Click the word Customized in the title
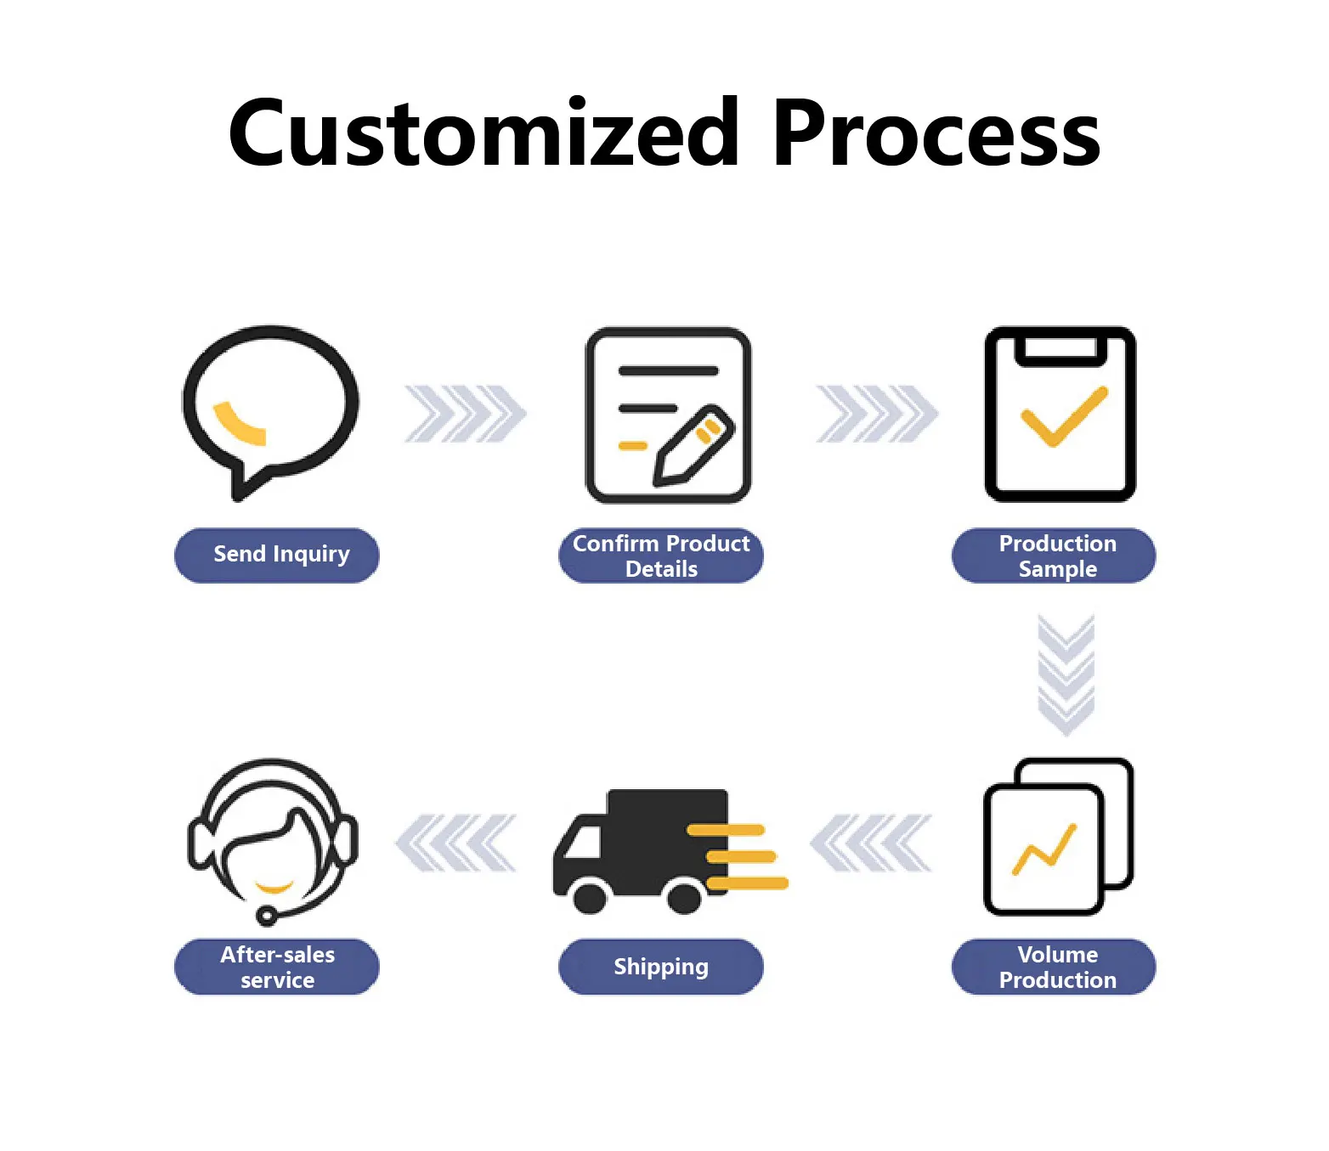(x=484, y=133)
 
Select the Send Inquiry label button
(x=277, y=556)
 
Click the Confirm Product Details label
(x=661, y=556)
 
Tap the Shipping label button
(x=661, y=967)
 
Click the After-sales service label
(x=277, y=967)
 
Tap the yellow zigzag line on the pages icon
(x=1044, y=850)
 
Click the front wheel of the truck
(x=590, y=897)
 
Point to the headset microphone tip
(x=266, y=916)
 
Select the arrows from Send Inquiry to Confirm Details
(x=465, y=414)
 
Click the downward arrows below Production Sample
(x=1066, y=674)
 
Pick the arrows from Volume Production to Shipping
(x=872, y=843)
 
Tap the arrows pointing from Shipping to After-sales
(x=456, y=843)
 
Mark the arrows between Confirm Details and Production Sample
(x=877, y=414)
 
